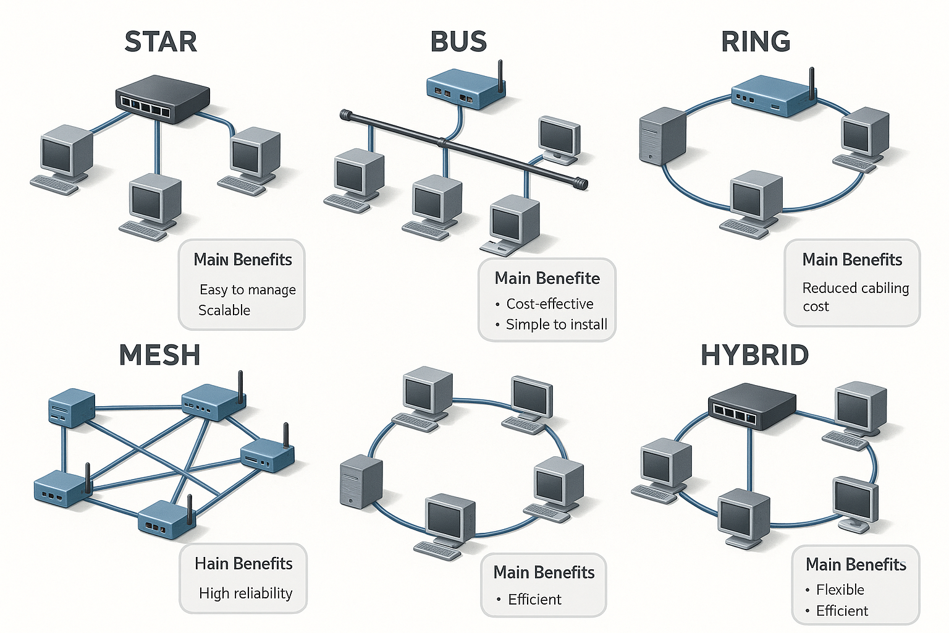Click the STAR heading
(x=161, y=41)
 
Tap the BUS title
(x=458, y=41)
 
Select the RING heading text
(x=756, y=41)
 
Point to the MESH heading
(x=159, y=355)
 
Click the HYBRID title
(x=754, y=355)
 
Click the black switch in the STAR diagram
(x=163, y=99)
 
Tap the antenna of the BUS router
(x=500, y=75)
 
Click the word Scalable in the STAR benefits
(x=224, y=310)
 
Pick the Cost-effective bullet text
(x=550, y=304)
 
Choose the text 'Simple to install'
(x=557, y=325)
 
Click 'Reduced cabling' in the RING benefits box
(x=856, y=288)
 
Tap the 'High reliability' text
(x=245, y=593)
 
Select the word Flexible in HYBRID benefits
(x=840, y=590)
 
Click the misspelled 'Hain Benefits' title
(x=243, y=564)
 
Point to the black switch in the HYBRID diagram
(x=752, y=406)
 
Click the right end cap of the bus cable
(x=580, y=184)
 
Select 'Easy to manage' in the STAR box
(x=248, y=290)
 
